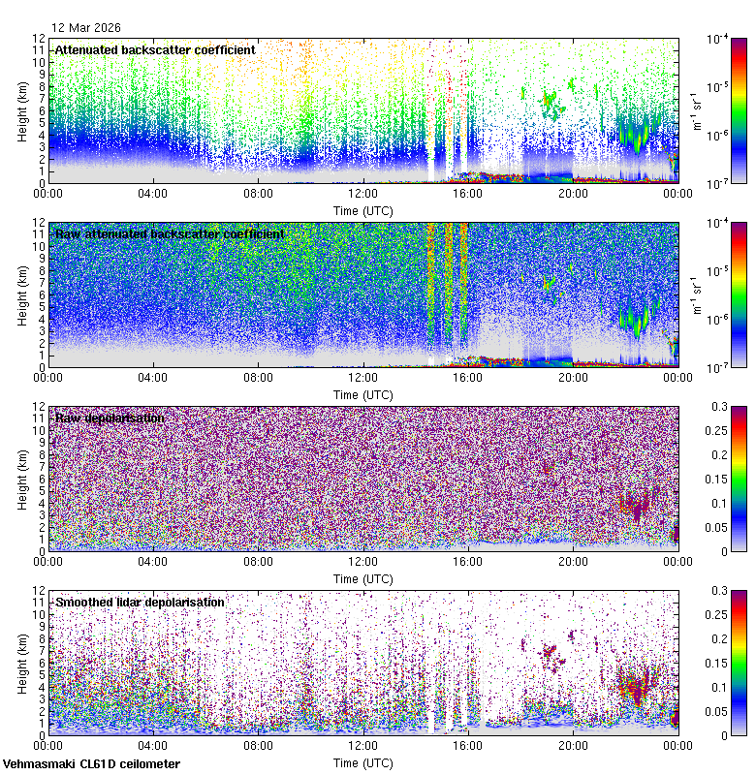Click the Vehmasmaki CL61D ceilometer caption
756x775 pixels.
pyautogui.click(x=90, y=764)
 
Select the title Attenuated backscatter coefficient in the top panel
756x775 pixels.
pyautogui.click(x=155, y=49)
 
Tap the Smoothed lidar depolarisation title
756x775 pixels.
pyautogui.click(x=140, y=602)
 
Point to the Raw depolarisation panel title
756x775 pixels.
pyautogui.click(x=109, y=418)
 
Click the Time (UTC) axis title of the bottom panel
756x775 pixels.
pyautogui.click(x=363, y=762)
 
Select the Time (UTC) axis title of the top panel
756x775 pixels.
pyautogui.click(x=363, y=210)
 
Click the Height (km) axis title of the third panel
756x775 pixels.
pyautogui.click(x=22, y=480)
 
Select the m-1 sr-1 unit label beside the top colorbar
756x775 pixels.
pyautogui.click(x=695, y=109)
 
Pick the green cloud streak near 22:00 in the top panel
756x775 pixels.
pyautogui.click(x=635, y=136)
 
